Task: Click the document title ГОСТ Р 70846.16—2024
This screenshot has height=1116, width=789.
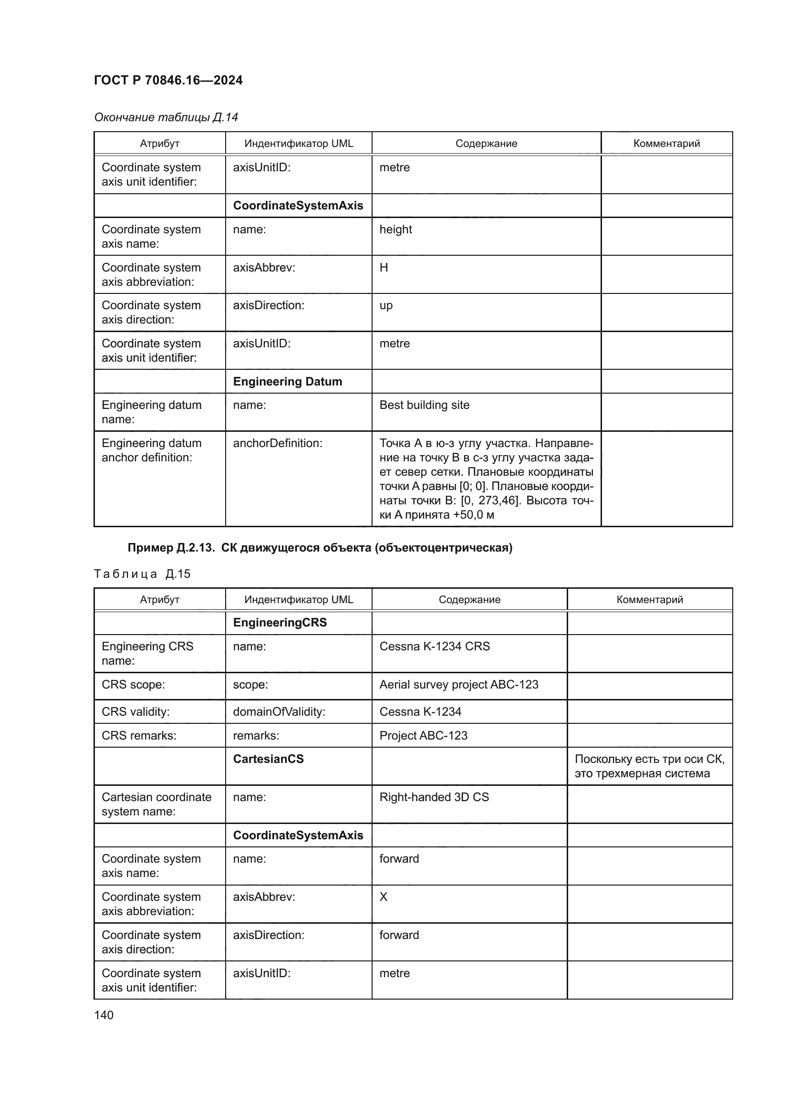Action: click(x=168, y=80)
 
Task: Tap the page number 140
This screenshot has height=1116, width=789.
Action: click(x=104, y=1015)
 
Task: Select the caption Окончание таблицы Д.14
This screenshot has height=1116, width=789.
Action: click(x=166, y=117)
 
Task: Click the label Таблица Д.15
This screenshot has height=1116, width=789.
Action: click(x=142, y=574)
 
